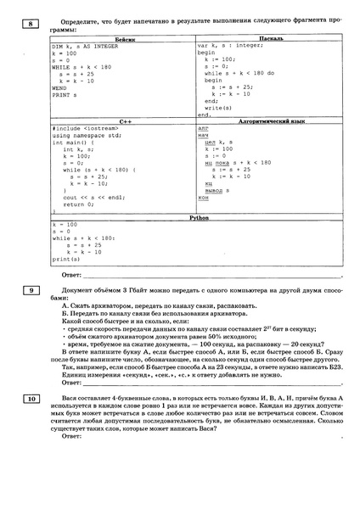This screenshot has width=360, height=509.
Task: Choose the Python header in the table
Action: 195,218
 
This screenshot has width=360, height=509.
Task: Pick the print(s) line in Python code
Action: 66,259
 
